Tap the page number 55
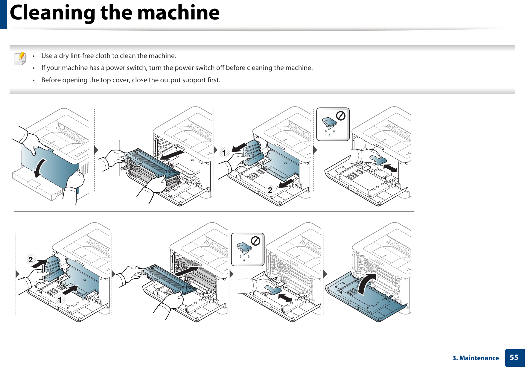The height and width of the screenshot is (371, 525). [x=514, y=358]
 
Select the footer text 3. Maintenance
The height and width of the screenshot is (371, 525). [x=475, y=358]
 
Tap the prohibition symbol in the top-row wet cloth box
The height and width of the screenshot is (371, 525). [x=341, y=116]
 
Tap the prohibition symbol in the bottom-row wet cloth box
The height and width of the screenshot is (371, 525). [x=255, y=241]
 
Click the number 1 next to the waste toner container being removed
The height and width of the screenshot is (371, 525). [x=224, y=153]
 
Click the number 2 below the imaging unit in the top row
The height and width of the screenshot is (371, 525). [x=270, y=190]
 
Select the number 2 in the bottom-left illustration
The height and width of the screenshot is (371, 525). [x=31, y=259]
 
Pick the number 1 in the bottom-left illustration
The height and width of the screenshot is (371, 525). [x=60, y=300]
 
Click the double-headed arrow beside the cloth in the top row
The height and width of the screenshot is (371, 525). [x=390, y=168]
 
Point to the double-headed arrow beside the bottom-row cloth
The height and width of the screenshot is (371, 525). [x=285, y=298]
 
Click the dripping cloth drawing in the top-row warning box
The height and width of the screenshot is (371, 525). [x=329, y=124]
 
